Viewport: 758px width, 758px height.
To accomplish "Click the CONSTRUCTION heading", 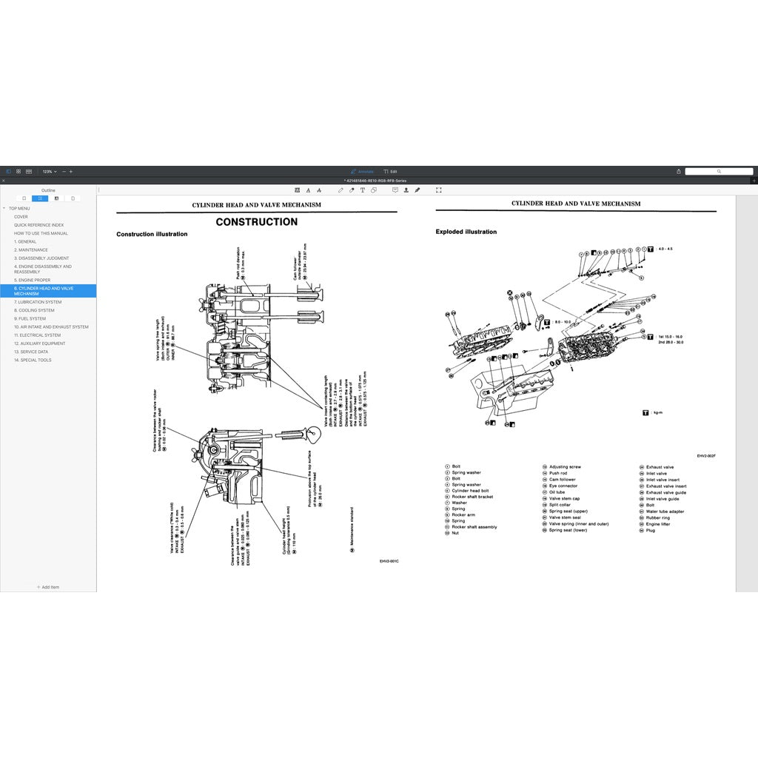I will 256,222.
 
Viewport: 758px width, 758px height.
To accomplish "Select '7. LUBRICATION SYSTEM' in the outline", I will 38,302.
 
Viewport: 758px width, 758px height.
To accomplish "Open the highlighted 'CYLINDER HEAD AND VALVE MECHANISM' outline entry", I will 44,291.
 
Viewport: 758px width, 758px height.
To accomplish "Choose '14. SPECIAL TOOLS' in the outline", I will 33,360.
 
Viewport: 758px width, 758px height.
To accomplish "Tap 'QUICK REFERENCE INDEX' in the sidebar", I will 38,225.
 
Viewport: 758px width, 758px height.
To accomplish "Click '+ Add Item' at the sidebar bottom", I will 48,587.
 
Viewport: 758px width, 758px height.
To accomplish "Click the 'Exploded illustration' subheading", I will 466,232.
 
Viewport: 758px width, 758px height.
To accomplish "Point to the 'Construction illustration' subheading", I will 152,235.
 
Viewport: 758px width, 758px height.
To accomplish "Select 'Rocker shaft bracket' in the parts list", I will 472,497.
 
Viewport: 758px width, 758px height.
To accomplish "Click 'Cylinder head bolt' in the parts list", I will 470,491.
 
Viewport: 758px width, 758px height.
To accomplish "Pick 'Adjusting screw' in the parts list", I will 565,467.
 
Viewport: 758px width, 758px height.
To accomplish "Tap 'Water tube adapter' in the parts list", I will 665,512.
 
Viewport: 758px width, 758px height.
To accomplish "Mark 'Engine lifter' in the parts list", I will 658,524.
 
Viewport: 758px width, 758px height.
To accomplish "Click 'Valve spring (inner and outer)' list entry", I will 579,524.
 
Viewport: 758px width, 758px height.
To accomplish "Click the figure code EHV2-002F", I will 706,456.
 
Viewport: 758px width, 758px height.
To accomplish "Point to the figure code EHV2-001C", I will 389,560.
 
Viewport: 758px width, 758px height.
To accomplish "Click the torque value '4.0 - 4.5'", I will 665,249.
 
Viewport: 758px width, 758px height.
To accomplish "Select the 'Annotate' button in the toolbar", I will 363,171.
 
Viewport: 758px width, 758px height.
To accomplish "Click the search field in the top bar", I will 718,171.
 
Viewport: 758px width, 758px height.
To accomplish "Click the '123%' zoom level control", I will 49,171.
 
